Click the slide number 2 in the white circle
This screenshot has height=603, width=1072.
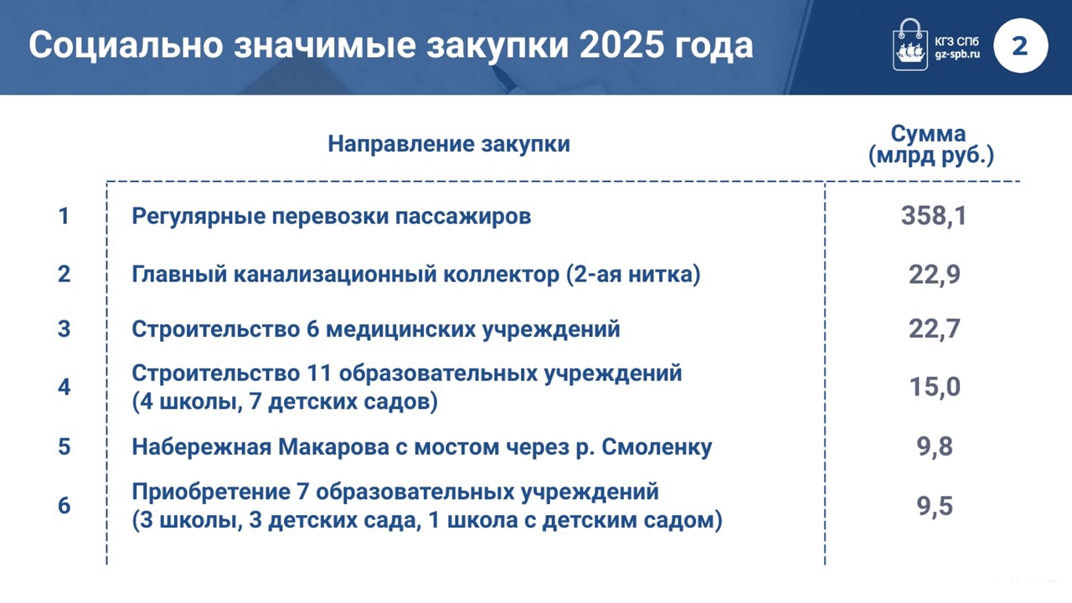point(1020,46)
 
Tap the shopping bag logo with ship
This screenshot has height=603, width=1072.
point(910,44)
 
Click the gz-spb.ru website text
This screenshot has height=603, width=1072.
point(957,54)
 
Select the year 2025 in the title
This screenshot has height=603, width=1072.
point(618,45)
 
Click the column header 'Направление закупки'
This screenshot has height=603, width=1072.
point(449,144)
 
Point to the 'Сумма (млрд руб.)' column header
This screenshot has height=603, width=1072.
point(930,146)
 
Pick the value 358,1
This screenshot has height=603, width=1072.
point(934,215)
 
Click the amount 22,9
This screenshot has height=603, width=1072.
point(934,275)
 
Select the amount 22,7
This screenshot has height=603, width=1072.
point(934,329)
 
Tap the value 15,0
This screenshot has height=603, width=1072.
point(934,387)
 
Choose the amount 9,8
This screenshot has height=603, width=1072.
point(935,447)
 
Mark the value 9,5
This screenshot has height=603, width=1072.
point(935,507)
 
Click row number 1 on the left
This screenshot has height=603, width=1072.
point(64,216)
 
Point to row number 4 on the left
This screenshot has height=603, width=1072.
point(64,387)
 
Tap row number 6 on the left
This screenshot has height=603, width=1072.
point(64,506)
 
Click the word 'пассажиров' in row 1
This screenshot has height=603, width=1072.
point(463,216)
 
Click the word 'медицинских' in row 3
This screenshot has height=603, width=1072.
point(400,329)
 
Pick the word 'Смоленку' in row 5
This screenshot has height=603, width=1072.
point(657,447)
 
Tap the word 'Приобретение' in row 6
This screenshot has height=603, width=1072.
point(211,492)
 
